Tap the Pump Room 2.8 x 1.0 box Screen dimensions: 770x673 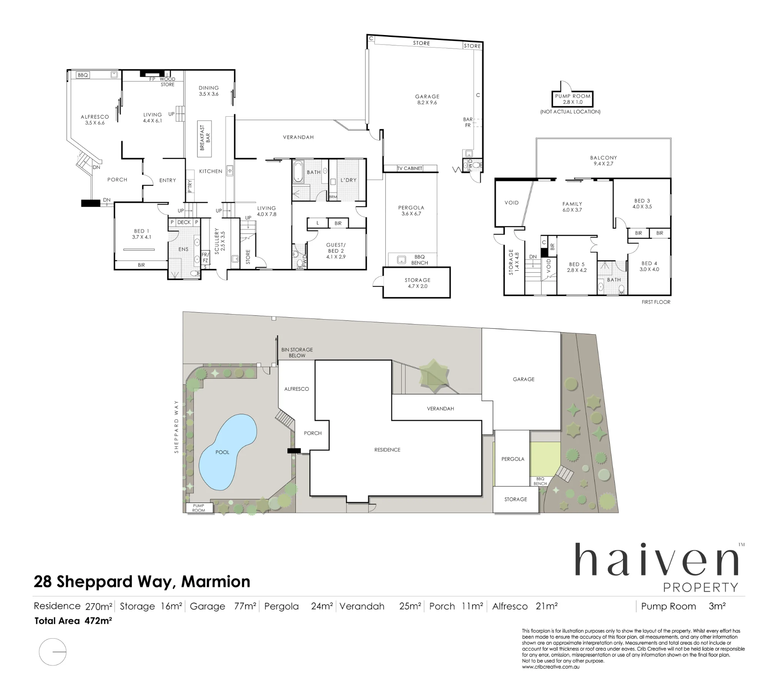point(572,99)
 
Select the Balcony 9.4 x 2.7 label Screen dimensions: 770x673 point(603,161)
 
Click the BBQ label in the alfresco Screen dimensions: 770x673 point(83,75)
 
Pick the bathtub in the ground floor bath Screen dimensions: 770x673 point(298,172)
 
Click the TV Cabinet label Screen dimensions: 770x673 point(410,168)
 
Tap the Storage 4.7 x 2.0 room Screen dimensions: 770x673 point(417,283)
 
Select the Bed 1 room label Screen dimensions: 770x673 point(141,234)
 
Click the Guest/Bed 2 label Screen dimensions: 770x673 point(336,251)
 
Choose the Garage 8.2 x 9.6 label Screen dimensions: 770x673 point(427,99)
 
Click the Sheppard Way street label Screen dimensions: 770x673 point(176,427)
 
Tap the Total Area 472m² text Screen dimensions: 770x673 point(73,621)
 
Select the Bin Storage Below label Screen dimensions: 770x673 point(297,353)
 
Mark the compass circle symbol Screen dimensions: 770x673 point(53,652)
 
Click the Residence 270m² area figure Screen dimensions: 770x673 point(73,606)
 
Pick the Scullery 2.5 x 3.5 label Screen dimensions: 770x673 point(219,241)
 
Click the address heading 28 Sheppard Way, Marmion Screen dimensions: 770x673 point(142,581)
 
